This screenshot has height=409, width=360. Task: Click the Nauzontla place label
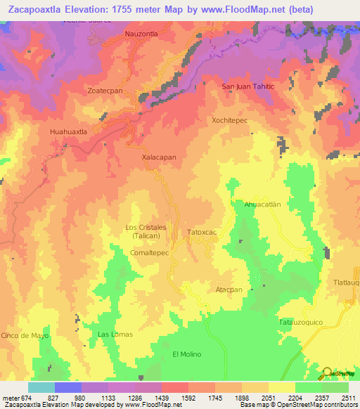tap(141, 33)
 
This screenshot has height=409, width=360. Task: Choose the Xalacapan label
tap(159, 157)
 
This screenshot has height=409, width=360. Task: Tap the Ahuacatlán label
tap(262, 204)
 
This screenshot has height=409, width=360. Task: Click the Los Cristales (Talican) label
tap(146, 231)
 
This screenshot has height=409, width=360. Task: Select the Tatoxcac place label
tap(206, 232)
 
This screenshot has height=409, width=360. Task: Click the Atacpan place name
tap(229, 290)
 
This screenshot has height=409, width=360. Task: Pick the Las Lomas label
tap(115, 334)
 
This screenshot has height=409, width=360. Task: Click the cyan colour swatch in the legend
tap(41, 387)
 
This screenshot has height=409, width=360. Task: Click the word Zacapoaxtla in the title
tap(41, 9)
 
